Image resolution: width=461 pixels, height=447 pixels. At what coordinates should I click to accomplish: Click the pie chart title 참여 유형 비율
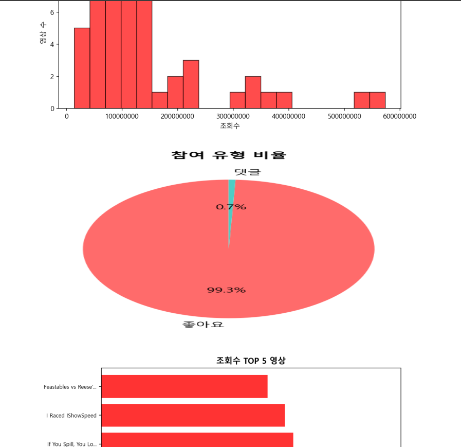228,155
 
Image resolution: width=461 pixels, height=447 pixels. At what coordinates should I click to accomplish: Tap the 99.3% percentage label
226,290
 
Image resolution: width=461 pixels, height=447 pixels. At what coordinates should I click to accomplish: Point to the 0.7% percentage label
231,207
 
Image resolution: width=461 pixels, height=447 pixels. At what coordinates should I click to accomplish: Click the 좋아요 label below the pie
203,325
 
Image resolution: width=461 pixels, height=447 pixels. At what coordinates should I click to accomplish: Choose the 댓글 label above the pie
247,172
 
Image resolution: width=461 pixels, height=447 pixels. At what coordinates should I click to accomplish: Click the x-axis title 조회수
230,126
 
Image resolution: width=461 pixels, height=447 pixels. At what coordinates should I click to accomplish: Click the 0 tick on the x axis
66,116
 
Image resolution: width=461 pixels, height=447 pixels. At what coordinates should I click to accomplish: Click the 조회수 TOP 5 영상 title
251,361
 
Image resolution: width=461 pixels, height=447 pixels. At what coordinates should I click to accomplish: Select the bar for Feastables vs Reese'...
184,386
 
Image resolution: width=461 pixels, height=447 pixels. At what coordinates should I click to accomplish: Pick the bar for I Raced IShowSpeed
193,415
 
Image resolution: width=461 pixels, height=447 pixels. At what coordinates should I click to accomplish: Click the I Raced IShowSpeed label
71,415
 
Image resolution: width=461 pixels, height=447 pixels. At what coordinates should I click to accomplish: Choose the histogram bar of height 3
191,84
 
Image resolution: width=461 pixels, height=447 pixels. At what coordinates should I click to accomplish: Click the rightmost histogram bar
377,100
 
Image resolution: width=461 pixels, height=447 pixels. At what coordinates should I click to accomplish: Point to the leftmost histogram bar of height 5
82,68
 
